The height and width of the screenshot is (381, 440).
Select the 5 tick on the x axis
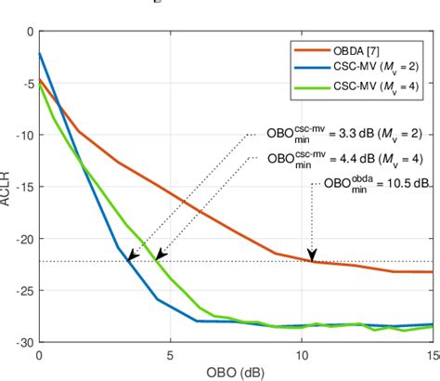170,355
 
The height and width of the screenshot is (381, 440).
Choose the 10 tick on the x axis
302,355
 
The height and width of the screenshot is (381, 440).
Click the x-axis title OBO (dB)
236,372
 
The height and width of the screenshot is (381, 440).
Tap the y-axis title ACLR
7,187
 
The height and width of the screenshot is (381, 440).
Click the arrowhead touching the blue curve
133,256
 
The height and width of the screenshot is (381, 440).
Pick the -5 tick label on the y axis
25,84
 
